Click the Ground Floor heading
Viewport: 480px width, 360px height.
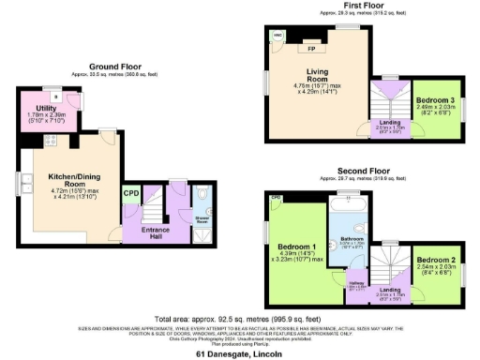115,66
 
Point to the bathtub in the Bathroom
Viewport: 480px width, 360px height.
351,202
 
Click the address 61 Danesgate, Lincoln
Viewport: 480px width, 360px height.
240,355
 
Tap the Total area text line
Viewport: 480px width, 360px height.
239,320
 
